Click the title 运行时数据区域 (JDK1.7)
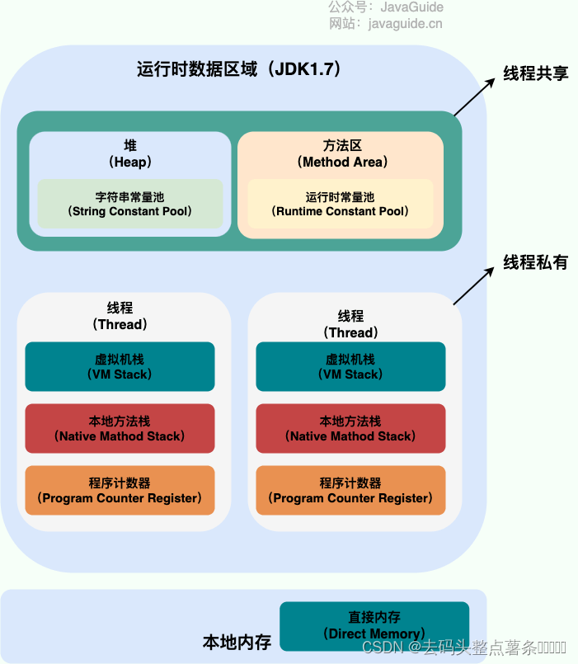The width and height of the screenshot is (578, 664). [239, 69]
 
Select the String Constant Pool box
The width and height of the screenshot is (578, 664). [130, 204]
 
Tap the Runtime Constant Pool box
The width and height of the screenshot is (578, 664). [340, 204]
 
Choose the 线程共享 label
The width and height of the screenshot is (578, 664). [536, 73]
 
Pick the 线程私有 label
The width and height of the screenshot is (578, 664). [536, 263]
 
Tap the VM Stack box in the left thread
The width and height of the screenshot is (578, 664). [120, 366]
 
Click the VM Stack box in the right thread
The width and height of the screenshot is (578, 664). [350, 366]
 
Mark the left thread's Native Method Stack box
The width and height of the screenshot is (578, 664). [120, 428]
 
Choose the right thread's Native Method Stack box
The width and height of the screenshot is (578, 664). [350, 428]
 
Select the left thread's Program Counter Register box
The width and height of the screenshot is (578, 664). [120, 490]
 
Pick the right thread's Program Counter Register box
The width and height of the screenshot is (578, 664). [350, 490]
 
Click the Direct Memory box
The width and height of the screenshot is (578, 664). [374, 625]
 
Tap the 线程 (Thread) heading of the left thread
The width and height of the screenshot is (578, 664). [120, 316]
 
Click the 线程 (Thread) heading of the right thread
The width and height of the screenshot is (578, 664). [350, 324]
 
